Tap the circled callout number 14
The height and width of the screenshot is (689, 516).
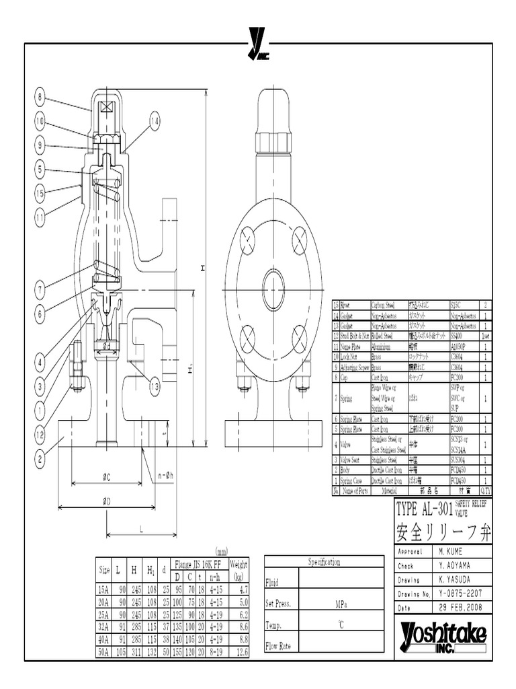155,122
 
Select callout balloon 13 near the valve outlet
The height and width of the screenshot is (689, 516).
155,387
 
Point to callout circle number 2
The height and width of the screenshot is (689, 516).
40,460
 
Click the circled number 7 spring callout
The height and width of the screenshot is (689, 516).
40,291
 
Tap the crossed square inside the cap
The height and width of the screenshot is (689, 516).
105,107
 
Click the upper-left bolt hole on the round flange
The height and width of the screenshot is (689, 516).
248,240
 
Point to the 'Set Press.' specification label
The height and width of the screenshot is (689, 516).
278,604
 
